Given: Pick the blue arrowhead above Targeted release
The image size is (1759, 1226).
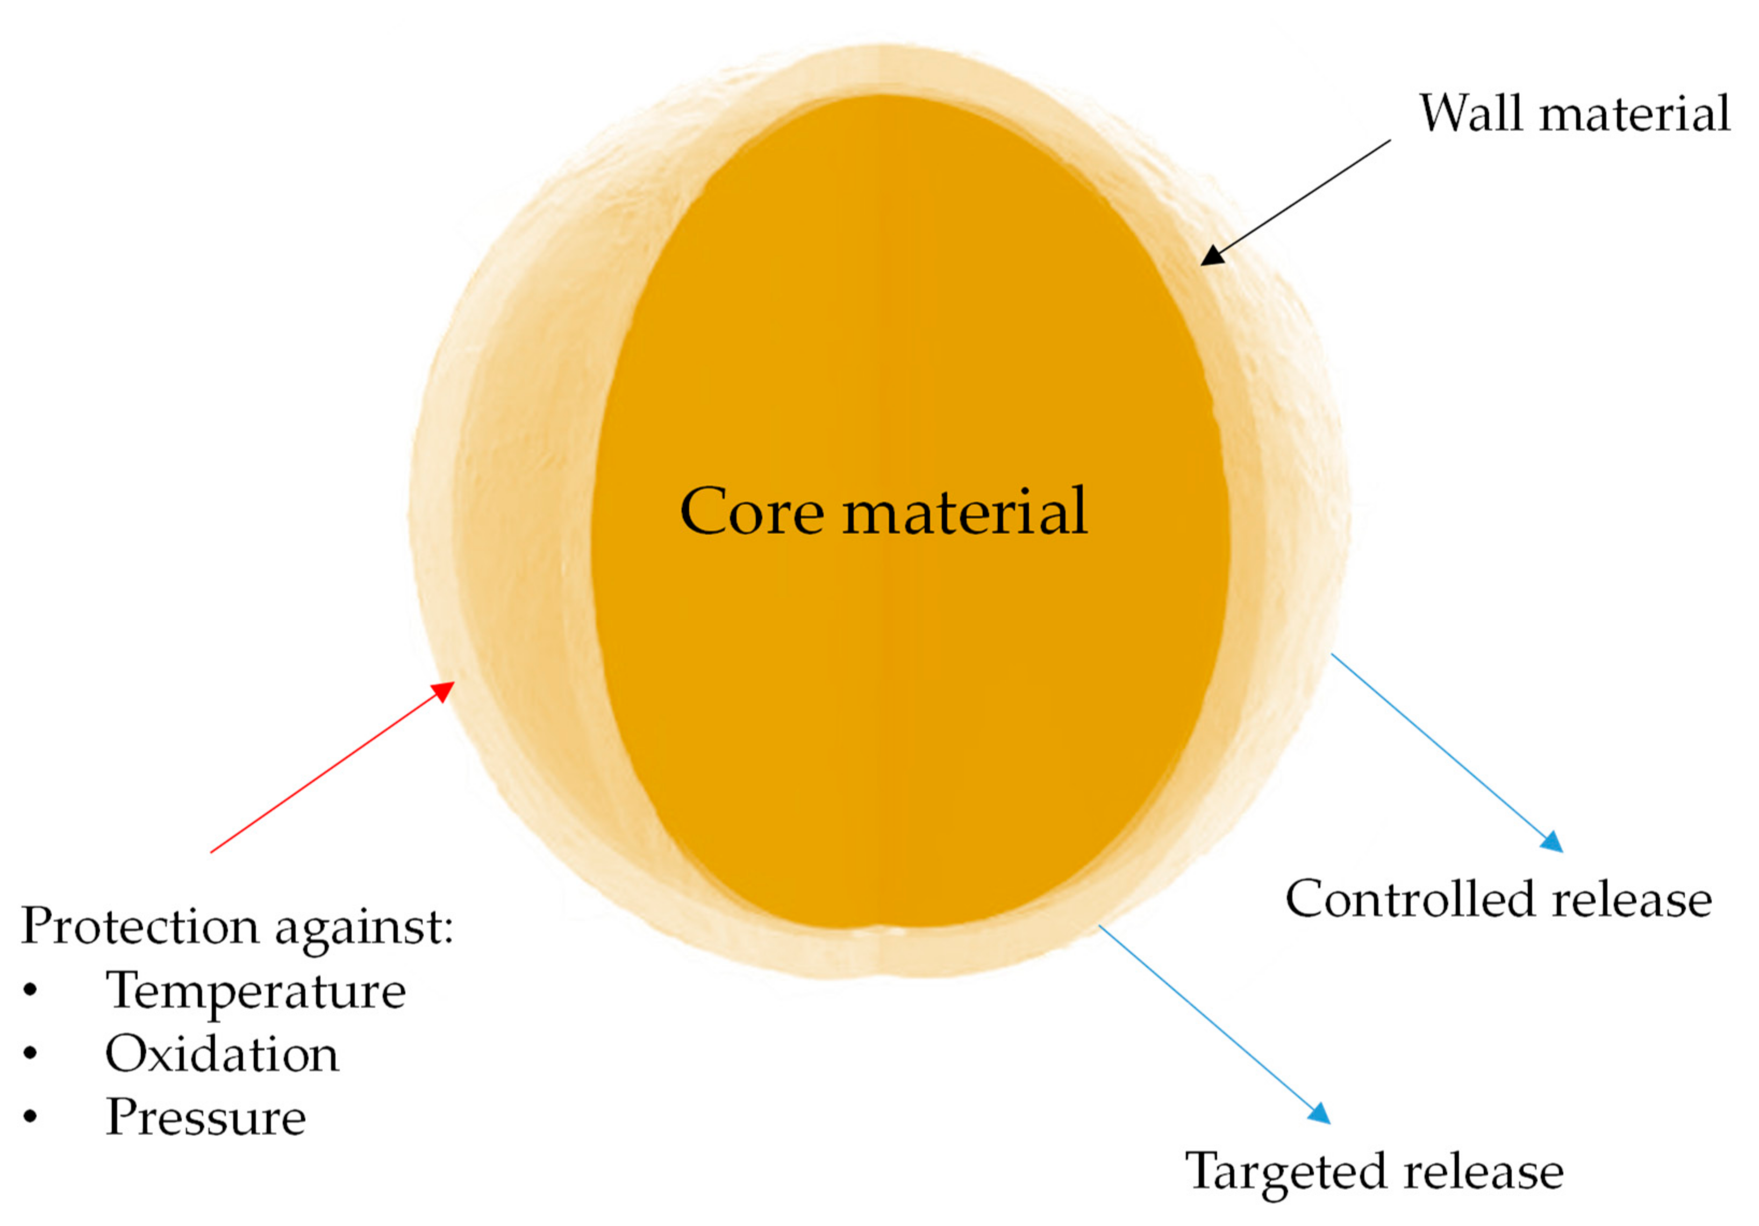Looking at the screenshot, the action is point(1320,1114).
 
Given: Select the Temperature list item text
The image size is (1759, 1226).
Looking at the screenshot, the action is point(255,991).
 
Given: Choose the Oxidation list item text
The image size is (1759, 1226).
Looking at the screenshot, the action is point(221,1055).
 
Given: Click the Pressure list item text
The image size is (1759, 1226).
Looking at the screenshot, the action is point(206,1117).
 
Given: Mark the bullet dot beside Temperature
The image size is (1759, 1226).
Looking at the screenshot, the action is point(31,991).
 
